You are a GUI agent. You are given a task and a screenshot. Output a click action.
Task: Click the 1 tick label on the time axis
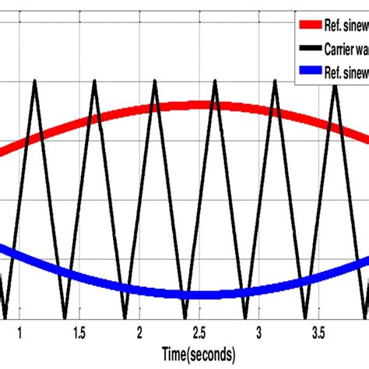pos(20,333)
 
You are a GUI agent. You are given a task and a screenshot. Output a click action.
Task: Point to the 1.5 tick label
pos(79,333)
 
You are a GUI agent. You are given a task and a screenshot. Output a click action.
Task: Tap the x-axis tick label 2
pos(140,333)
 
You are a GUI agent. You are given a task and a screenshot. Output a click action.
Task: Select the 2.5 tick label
pos(199,333)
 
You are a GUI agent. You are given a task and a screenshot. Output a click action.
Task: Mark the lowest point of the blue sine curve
pos(199,295)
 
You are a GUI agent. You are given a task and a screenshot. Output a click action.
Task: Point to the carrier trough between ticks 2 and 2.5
pos(184,318)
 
